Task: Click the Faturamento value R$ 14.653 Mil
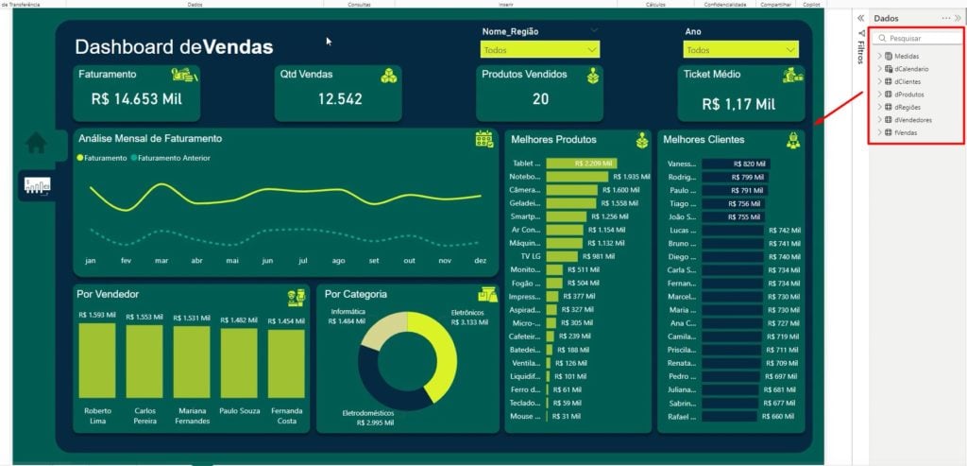[137, 98]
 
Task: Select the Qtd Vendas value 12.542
[339, 98]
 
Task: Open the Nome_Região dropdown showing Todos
[539, 50]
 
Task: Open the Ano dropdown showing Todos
[741, 50]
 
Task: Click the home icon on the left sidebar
[37, 143]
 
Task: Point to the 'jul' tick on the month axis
[302, 260]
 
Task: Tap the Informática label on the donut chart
[348, 310]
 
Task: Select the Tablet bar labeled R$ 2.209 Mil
[581, 164]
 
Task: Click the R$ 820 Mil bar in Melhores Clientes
[736, 164]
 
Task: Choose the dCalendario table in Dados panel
[911, 69]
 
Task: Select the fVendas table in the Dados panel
[906, 132]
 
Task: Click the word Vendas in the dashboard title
[238, 47]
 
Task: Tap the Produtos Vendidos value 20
[540, 98]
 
